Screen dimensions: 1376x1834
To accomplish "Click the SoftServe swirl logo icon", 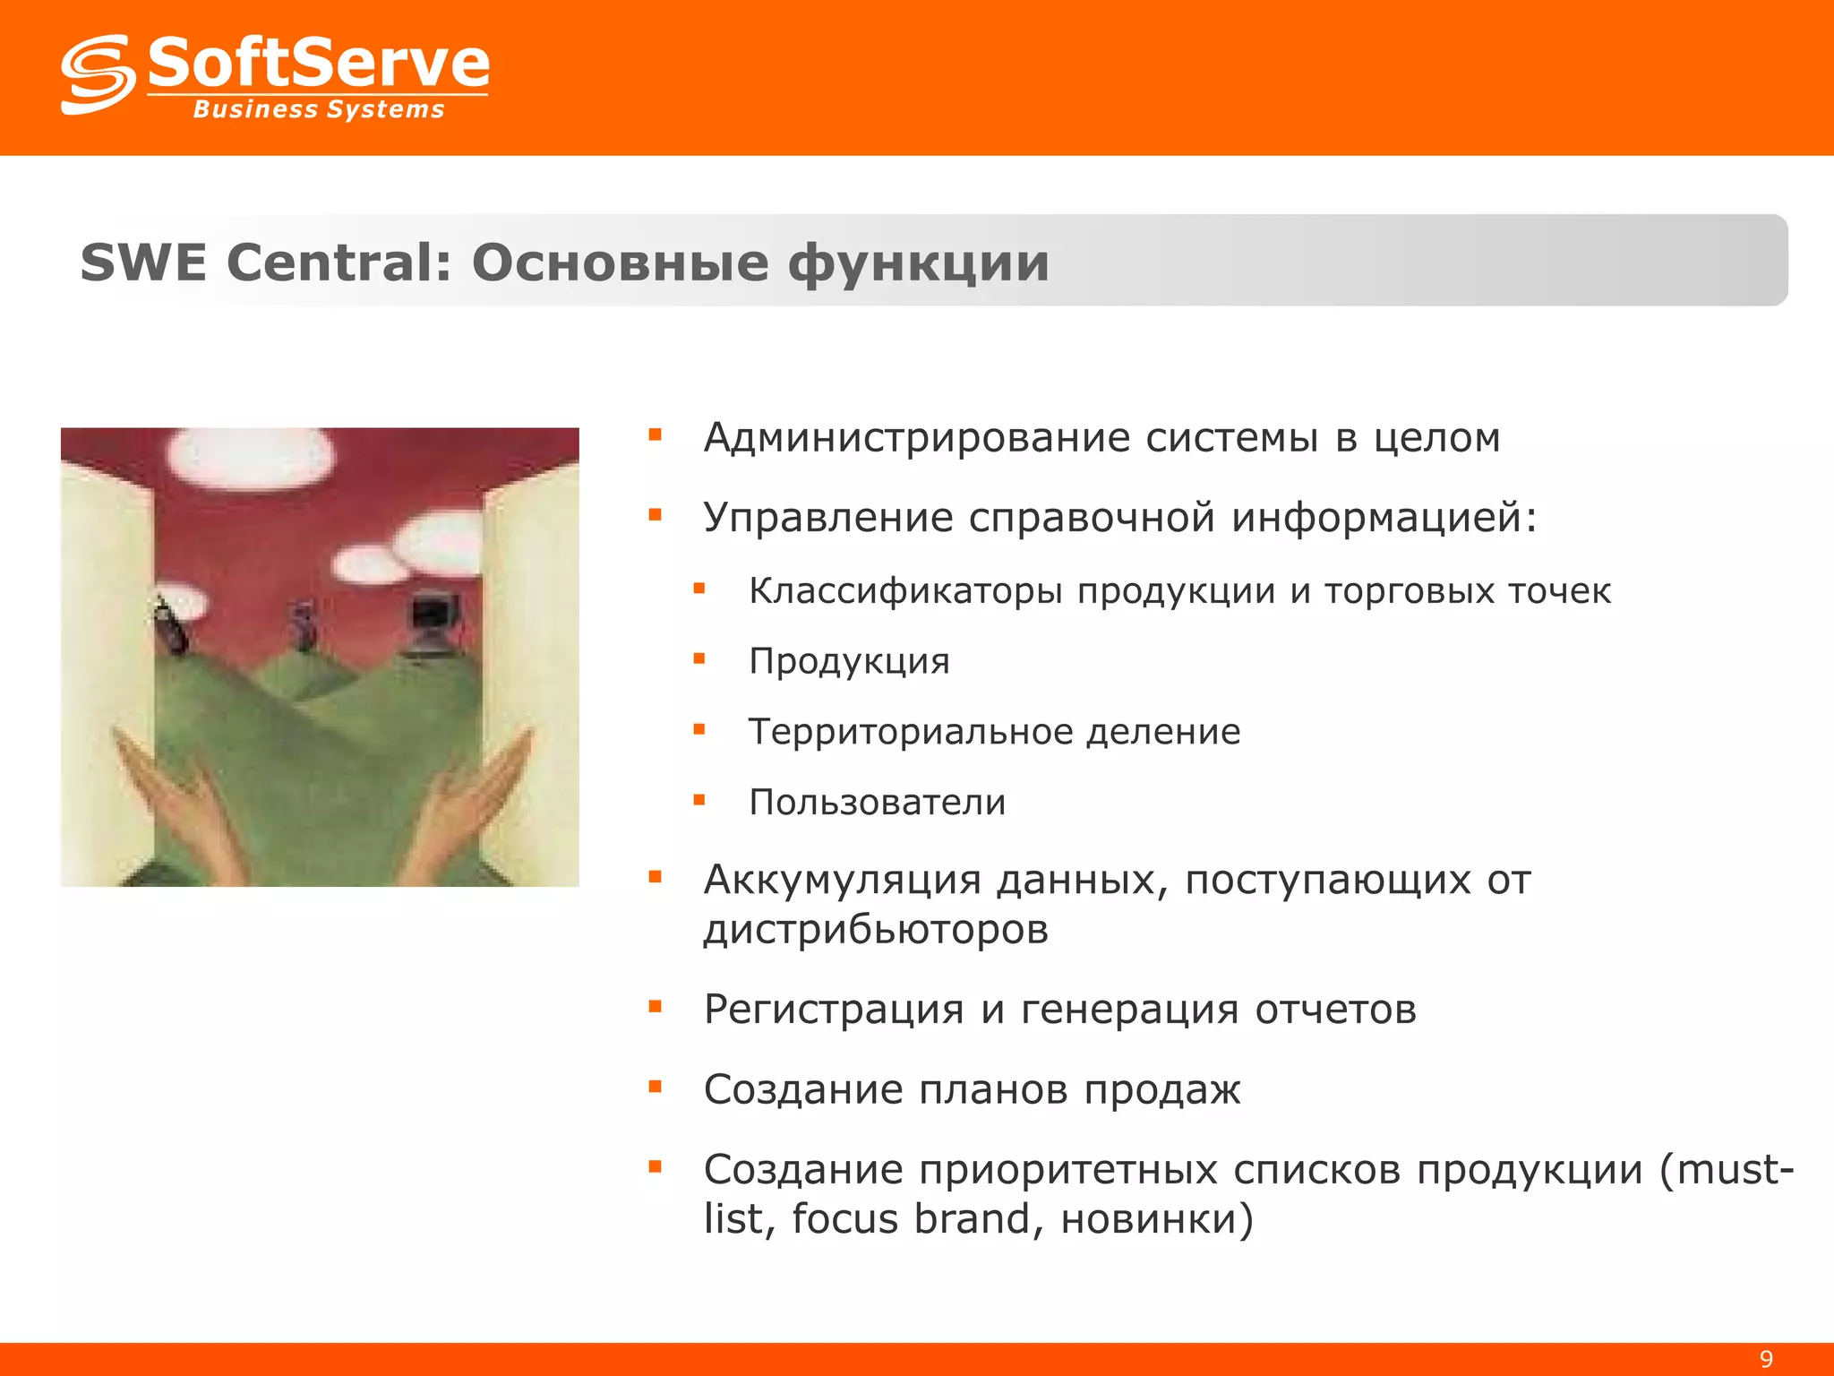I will click(97, 74).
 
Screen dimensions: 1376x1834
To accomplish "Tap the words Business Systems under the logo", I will click(319, 110).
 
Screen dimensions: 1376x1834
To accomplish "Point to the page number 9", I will click(1766, 1359).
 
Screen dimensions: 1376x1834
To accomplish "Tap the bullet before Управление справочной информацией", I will click(656, 515).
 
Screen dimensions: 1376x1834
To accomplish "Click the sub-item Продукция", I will click(849, 662).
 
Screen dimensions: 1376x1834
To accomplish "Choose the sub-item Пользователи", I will click(878, 802).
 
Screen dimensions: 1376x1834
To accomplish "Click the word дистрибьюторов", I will click(876, 930).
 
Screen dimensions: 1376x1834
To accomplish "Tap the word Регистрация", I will click(834, 1010).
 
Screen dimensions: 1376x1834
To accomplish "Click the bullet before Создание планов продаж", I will click(656, 1088).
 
